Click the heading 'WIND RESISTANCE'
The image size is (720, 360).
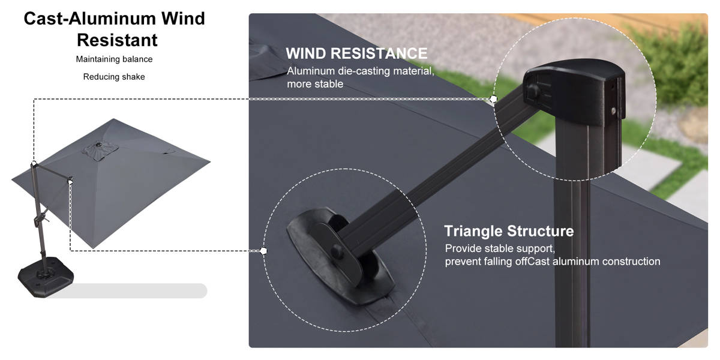pyautogui.click(x=356, y=53)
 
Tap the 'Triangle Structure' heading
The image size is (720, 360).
pyautogui.click(x=509, y=231)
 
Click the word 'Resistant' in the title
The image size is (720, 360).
pyautogui.click(x=117, y=40)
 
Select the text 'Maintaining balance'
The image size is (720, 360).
pyautogui.click(x=114, y=59)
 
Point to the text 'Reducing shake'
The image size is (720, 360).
pyautogui.click(x=114, y=77)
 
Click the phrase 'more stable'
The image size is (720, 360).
pyautogui.click(x=315, y=84)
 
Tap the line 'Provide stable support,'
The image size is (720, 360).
pyautogui.click(x=500, y=248)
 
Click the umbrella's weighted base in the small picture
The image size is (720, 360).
pyautogui.click(x=46, y=276)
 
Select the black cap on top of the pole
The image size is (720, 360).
pyautogui.click(x=574, y=92)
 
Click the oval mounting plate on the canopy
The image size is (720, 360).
pyautogui.click(x=341, y=256)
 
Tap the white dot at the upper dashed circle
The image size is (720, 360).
pyautogui.click(x=494, y=98)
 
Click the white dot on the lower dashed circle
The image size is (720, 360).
pyautogui.click(x=263, y=251)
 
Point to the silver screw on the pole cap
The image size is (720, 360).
pyautogui.click(x=614, y=111)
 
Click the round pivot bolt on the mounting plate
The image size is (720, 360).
pyautogui.click(x=337, y=251)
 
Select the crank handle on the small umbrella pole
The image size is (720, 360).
pyautogui.click(x=41, y=218)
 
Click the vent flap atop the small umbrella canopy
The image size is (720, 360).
pyautogui.click(x=100, y=151)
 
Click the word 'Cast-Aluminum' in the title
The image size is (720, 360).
pyautogui.click(x=91, y=19)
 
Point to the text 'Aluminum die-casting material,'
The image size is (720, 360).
pyautogui.click(x=361, y=71)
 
